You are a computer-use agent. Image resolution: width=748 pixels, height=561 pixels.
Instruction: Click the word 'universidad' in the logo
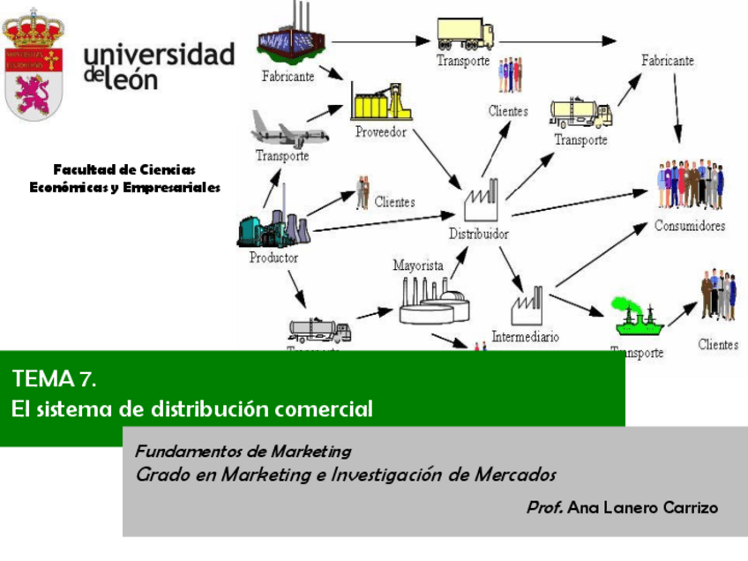click(160, 55)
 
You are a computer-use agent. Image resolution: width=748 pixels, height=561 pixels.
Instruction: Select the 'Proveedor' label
click(380, 132)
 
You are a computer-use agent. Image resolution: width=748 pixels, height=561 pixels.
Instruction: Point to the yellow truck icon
click(465, 34)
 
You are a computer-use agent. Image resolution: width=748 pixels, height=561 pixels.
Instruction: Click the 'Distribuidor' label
click(479, 235)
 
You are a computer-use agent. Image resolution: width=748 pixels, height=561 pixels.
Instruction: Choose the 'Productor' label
click(273, 258)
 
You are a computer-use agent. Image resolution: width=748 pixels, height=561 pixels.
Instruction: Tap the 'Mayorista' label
click(418, 265)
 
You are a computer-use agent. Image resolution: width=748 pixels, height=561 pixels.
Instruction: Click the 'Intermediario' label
click(525, 336)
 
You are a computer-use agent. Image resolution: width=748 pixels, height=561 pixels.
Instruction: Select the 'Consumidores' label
click(690, 226)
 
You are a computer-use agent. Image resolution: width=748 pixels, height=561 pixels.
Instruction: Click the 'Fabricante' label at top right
click(668, 62)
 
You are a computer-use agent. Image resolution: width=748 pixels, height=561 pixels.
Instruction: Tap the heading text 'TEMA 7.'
click(53, 379)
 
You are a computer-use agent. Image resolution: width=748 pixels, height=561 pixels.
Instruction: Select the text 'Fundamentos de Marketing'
click(243, 452)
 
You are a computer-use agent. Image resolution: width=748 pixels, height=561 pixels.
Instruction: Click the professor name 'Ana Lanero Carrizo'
click(643, 508)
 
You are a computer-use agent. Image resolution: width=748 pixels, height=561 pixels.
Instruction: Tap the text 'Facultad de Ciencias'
click(124, 169)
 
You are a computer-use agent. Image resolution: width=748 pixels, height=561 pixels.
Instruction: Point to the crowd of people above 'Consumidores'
click(690, 185)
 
